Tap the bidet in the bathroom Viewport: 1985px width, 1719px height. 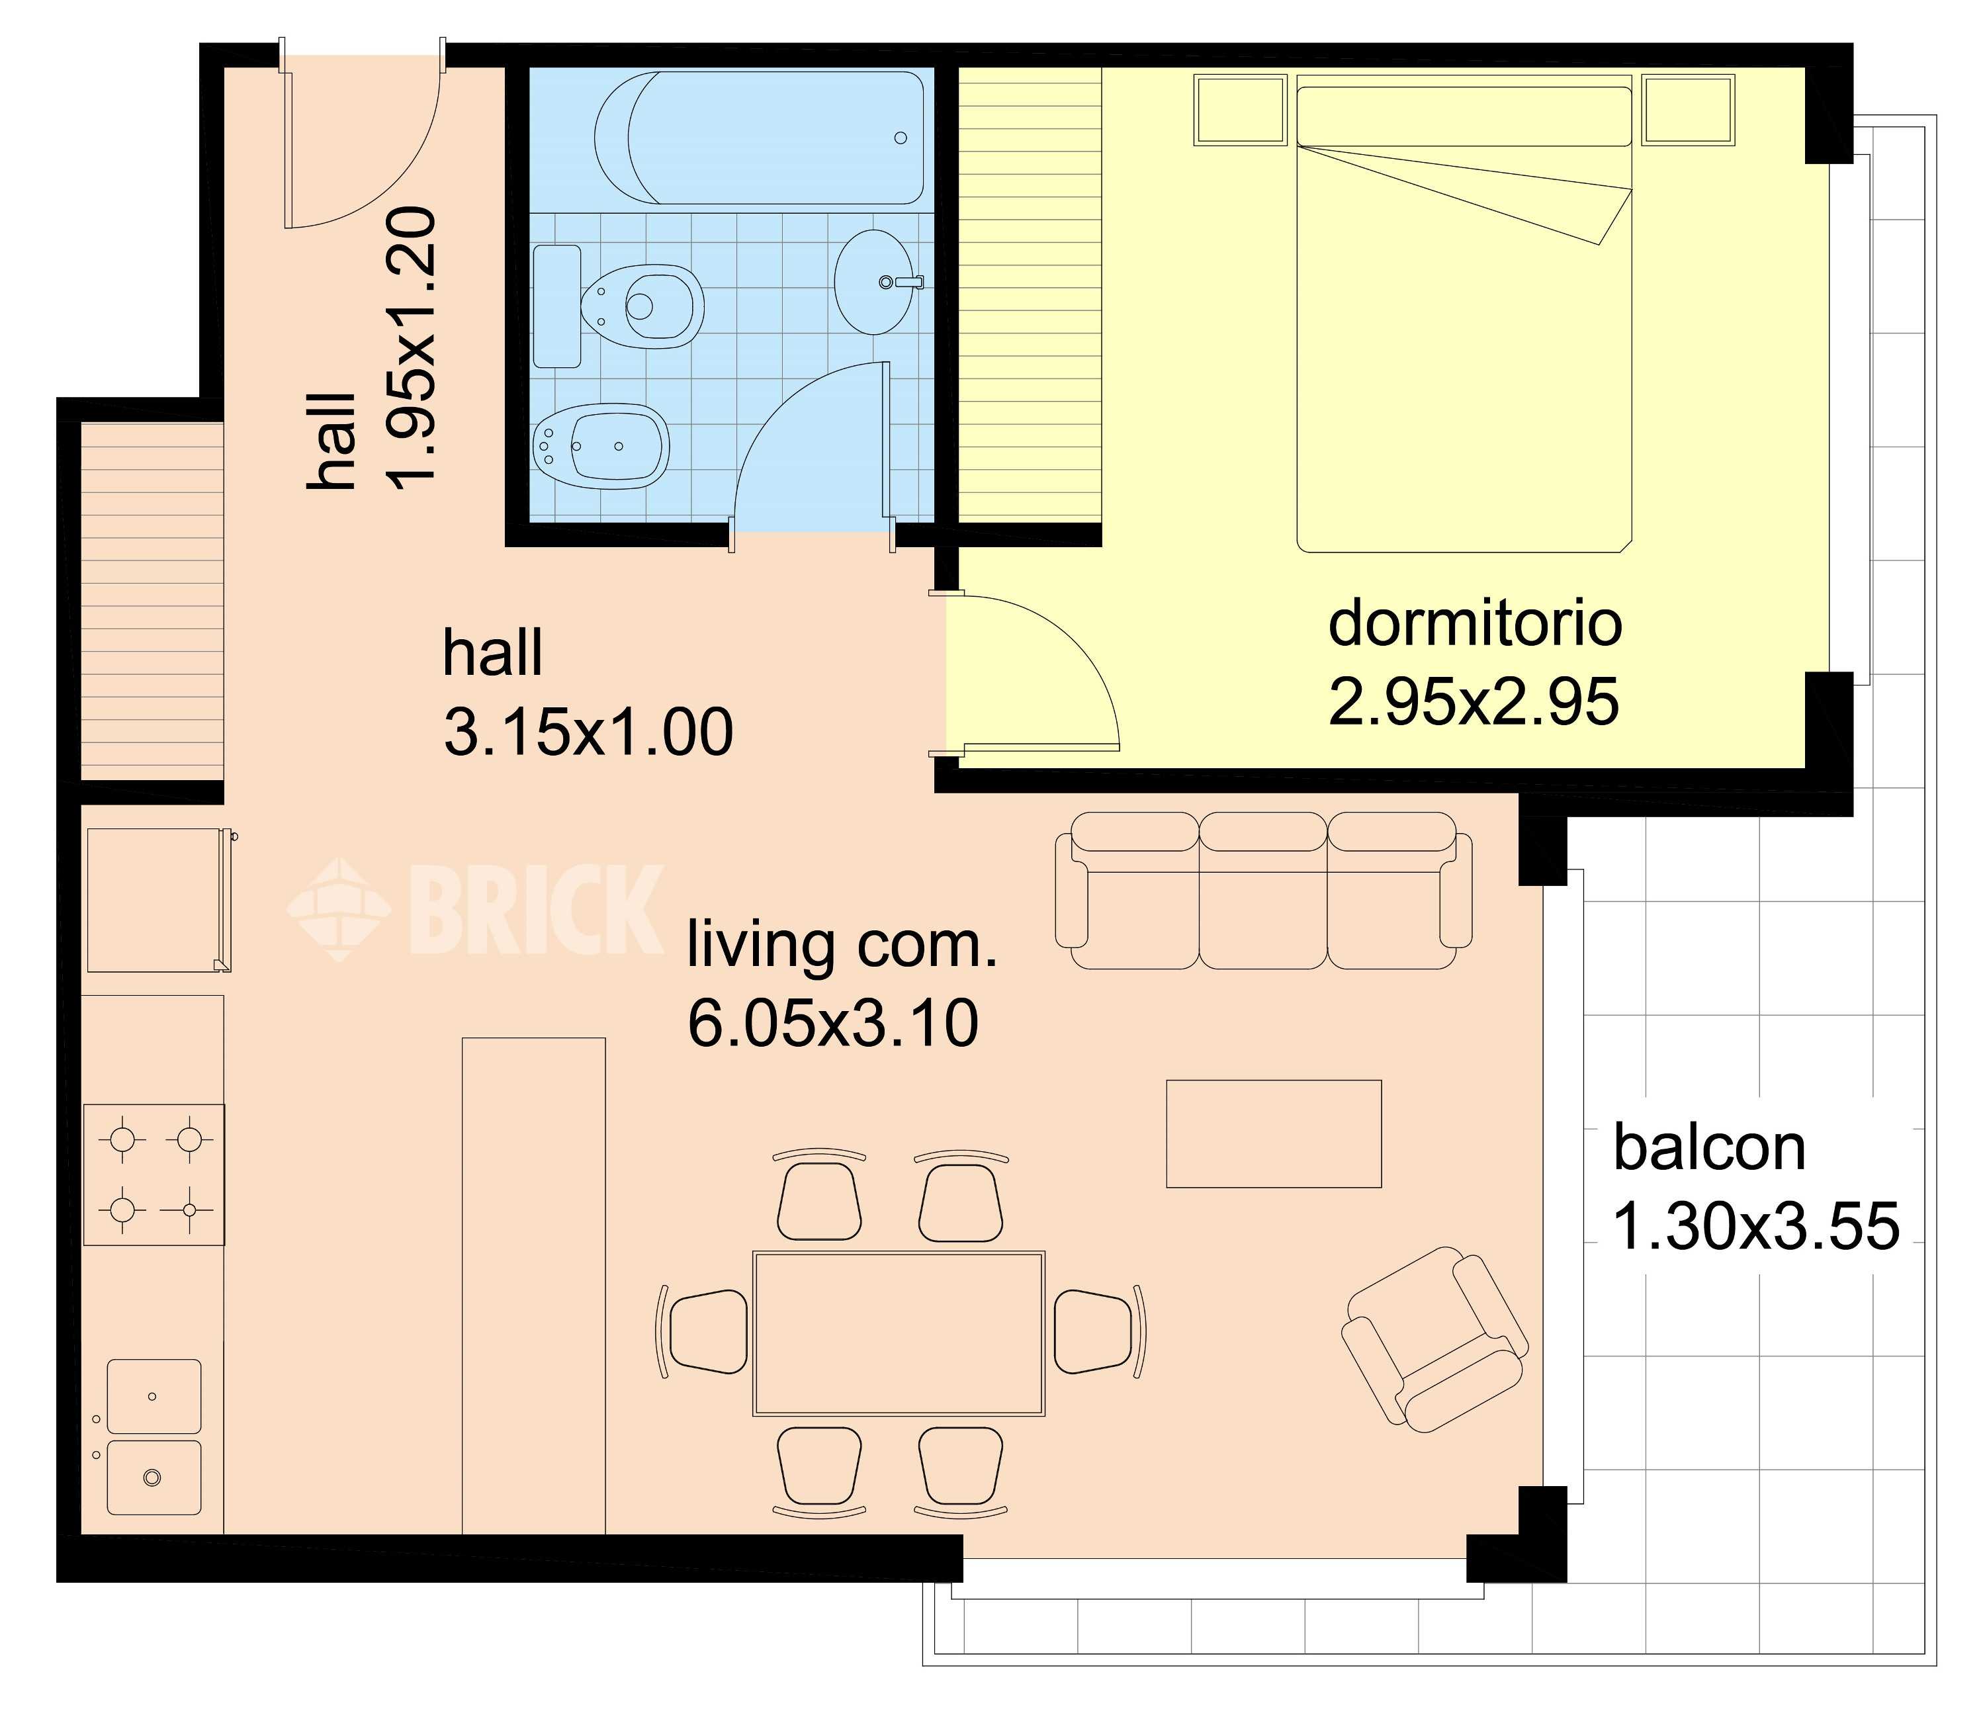click(601, 446)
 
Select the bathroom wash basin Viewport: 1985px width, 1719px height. click(874, 282)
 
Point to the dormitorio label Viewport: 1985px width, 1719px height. click(1475, 623)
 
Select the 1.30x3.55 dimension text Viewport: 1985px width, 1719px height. click(1755, 1226)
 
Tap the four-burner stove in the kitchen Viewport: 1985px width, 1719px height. click(154, 1175)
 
